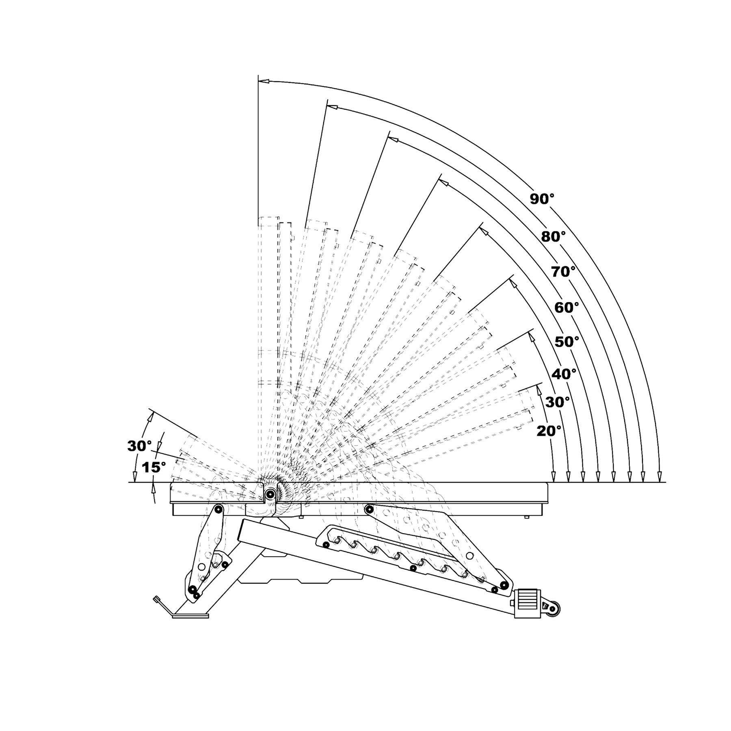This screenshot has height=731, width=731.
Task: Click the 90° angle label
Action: point(542,199)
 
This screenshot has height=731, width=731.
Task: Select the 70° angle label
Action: point(563,271)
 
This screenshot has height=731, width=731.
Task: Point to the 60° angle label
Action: point(567,307)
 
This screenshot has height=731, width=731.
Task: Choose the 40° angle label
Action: point(564,374)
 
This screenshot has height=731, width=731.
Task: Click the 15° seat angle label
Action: point(154,467)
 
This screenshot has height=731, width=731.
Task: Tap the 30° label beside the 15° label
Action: point(139,446)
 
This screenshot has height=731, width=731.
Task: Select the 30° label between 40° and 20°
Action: point(557,402)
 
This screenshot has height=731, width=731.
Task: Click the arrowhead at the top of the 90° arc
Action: point(264,82)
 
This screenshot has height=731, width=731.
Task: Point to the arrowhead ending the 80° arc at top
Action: point(333,107)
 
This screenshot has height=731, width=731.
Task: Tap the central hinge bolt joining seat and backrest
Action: point(270,494)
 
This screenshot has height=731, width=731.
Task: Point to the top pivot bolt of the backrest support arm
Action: point(370,508)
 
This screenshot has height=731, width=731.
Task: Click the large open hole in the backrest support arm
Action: point(469,555)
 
